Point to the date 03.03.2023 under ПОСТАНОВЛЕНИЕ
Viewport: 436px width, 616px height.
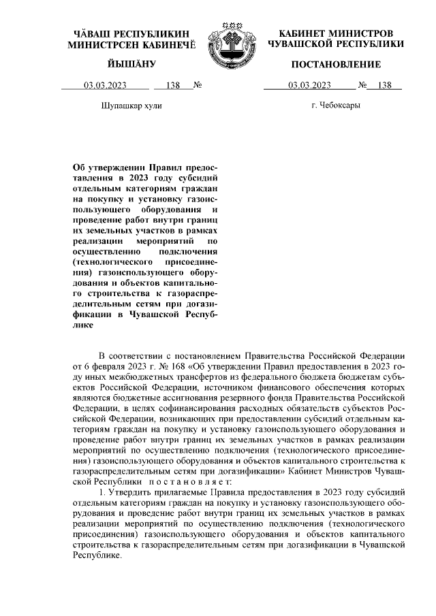pos(309,86)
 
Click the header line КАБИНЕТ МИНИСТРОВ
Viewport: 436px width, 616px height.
pos(336,33)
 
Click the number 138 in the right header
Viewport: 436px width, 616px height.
pos(384,86)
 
